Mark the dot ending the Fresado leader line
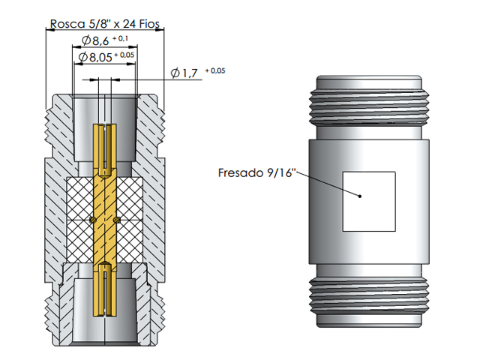click(361, 196)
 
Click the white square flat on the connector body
click(369, 200)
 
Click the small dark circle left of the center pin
click(91, 220)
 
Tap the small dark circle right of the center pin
click(118, 220)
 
